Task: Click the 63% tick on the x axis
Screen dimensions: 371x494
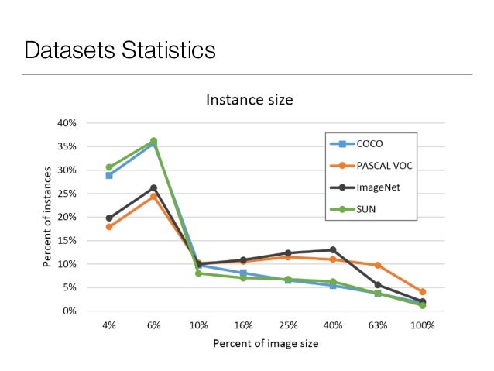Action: click(378, 326)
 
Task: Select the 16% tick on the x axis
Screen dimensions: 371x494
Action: click(243, 326)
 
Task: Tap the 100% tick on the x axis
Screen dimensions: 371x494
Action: click(423, 326)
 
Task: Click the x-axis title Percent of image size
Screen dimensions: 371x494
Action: click(266, 343)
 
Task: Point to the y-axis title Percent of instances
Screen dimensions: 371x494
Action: click(47, 216)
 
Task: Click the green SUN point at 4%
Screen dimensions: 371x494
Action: click(109, 167)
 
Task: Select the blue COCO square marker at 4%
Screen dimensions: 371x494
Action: click(109, 176)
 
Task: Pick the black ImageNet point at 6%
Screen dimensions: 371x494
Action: click(153, 188)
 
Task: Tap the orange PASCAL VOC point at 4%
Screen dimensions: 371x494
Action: click(109, 227)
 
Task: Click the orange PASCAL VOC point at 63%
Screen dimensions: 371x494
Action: click(378, 266)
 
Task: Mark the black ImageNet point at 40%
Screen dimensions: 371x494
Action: click(333, 250)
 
